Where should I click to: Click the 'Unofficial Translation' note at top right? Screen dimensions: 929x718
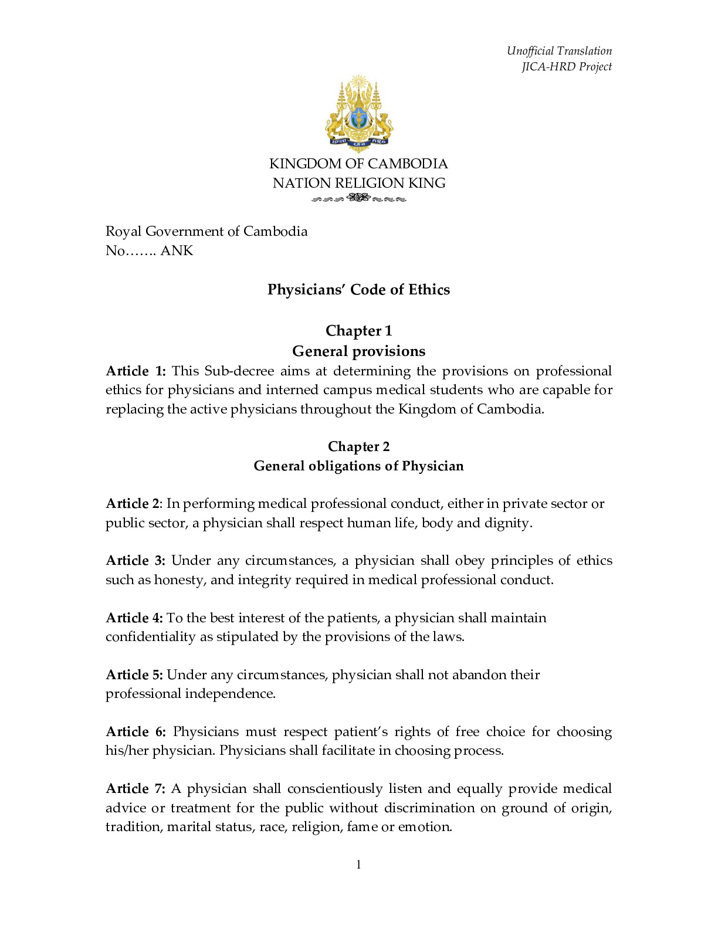coord(559,51)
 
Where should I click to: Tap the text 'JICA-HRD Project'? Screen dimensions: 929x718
coord(566,67)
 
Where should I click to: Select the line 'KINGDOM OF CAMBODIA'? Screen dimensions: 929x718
coord(358,164)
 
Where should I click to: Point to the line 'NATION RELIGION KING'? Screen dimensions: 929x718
coord(359,183)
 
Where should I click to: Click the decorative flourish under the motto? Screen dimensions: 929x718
coord(358,198)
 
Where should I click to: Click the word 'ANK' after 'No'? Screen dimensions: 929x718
coord(177,251)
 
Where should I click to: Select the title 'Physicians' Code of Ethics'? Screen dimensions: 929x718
coord(358,290)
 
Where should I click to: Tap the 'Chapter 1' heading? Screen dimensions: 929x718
coord(358,331)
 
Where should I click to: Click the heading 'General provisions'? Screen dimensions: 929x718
coord(358,351)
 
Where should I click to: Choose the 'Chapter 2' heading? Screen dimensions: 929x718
coord(358,447)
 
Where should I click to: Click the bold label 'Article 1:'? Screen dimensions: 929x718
coord(136,371)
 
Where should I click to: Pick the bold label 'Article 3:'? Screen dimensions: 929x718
coord(136,561)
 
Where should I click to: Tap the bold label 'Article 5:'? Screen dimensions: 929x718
coord(134,675)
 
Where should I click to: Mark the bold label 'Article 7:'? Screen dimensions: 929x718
coord(136,789)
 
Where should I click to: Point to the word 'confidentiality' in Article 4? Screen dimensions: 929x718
coord(150,637)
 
